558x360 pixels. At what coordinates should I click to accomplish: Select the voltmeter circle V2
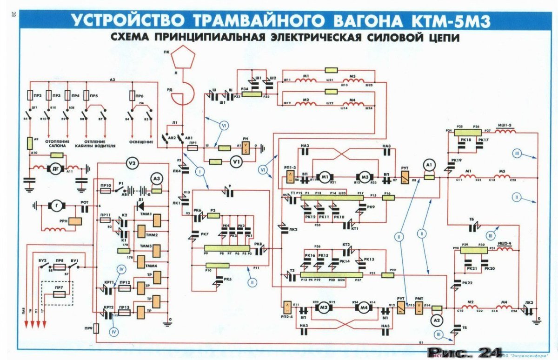132,163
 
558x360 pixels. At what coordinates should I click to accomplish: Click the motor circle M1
325,177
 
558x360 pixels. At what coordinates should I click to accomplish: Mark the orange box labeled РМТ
420,307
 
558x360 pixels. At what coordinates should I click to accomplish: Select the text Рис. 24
466,352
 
